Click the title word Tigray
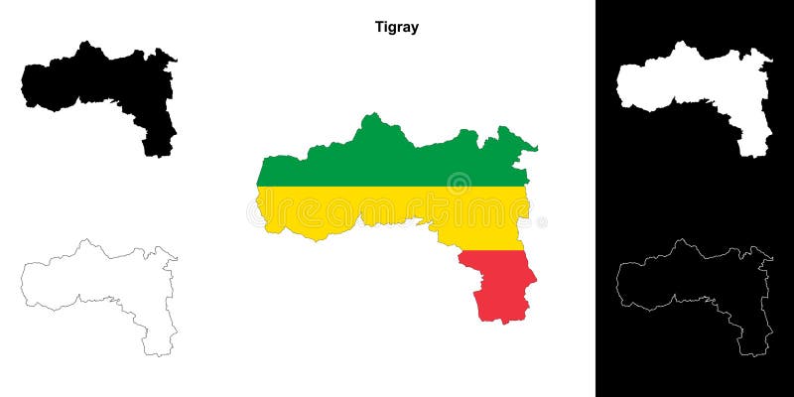[397, 27]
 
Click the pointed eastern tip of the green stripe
[536, 150]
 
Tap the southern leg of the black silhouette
[159, 139]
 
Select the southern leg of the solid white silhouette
[754, 139]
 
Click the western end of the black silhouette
[26, 84]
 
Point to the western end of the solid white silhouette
[621, 84]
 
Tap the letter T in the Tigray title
[378, 27]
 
